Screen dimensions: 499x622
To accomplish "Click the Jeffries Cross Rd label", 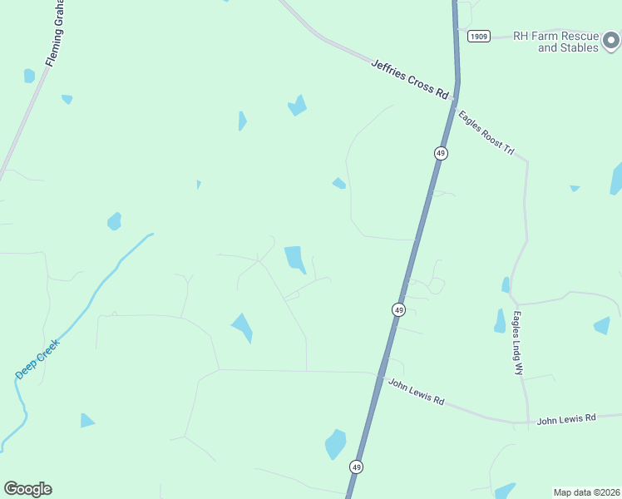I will (x=410, y=79).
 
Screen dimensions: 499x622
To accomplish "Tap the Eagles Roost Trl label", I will (x=487, y=131).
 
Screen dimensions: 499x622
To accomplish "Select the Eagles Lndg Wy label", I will (x=517, y=343).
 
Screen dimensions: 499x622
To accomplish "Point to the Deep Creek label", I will (x=37, y=358).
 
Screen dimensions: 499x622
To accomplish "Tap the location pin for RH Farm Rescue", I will (x=611, y=38).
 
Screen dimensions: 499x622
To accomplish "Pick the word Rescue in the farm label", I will (x=580, y=36).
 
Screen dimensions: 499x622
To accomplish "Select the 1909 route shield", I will (x=477, y=36).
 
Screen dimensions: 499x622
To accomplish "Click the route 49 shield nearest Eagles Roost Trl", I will (x=441, y=153).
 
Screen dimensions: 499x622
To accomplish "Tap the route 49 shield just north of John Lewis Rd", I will (x=399, y=309).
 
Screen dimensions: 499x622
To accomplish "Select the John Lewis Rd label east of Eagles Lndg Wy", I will (x=566, y=419).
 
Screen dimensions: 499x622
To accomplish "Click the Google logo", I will (x=27, y=489).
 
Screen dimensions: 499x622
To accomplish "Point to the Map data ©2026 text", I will (x=586, y=492).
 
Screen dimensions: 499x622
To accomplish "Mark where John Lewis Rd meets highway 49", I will (x=381, y=376).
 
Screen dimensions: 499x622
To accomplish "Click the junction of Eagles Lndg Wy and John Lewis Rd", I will (x=528, y=422).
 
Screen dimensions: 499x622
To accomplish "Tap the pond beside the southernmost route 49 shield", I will (x=335, y=443).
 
